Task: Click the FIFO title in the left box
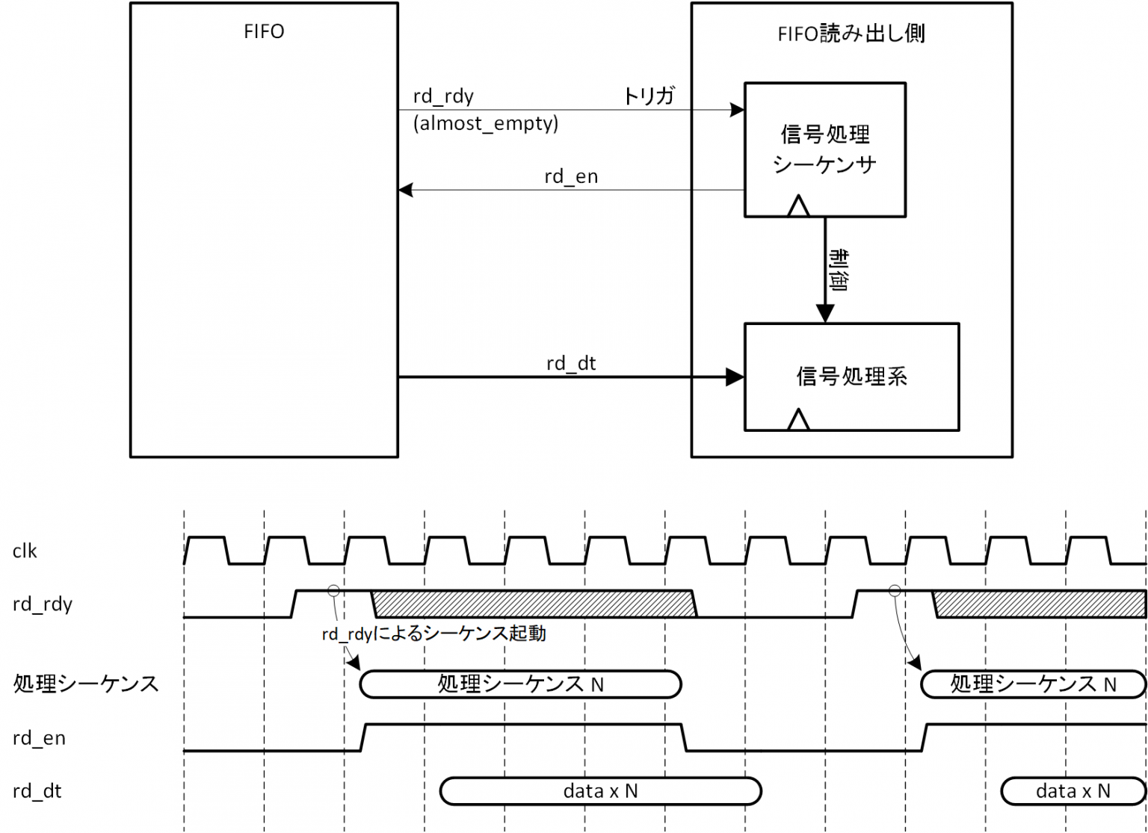point(264,32)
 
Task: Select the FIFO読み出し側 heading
point(851,34)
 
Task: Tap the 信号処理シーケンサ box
point(824,149)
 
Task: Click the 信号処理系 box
point(851,377)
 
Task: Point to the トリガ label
point(649,96)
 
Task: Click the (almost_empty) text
point(486,123)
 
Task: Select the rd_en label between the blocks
point(571,177)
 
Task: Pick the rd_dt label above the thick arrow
point(571,364)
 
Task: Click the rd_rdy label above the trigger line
point(443,96)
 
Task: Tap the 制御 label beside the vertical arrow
point(839,270)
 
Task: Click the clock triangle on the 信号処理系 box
point(798,420)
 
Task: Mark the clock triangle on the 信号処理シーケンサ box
point(798,206)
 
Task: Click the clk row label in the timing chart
point(25,551)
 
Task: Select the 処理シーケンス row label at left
point(86,684)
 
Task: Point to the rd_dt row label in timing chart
point(37,791)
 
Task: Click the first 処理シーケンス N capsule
point(520,684)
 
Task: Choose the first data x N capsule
point(600,791)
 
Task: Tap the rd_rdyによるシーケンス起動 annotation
point(433,634)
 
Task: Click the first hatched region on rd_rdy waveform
point(534,604)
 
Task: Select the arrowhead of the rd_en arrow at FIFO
point(406,190)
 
